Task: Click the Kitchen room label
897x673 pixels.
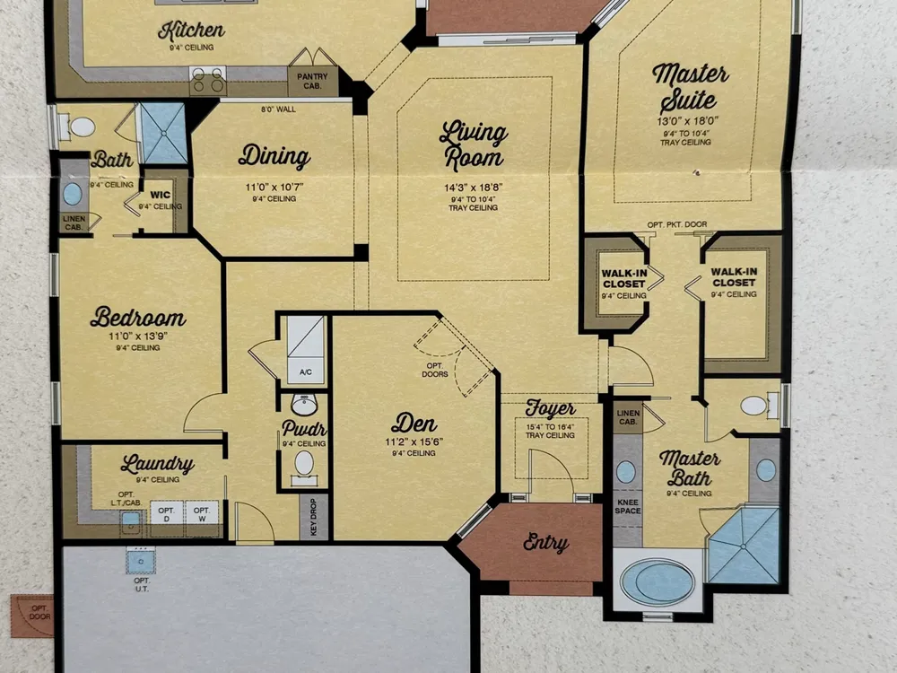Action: point(191,31)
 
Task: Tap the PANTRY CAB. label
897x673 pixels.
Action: point(312,81)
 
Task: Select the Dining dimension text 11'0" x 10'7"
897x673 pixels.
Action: point(274,188)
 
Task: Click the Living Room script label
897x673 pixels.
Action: point(473,146)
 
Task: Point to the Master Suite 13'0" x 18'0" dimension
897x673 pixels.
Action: point(687,121)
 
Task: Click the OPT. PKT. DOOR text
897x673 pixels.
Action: point(676,224)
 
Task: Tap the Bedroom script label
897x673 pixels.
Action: point(138,317)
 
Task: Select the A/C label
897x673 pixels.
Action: point(306,372)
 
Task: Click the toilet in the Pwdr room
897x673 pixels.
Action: point(304,467)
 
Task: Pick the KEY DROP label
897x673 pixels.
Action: point(313,517)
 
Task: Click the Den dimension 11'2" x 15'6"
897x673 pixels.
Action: point(414,441)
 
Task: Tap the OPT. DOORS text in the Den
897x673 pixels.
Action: point(435,370)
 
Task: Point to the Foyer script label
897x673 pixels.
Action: point(551,408)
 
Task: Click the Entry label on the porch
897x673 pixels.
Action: point(545,543)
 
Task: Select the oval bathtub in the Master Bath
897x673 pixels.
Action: point(658,582)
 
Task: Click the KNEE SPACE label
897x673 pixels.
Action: point(628,506)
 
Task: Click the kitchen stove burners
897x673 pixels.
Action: point(208,80)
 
